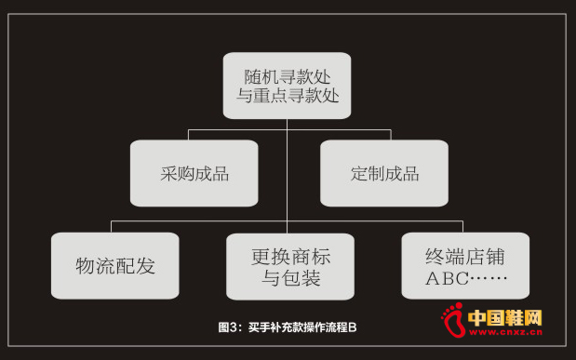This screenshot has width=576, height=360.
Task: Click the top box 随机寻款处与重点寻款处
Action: point(287,85)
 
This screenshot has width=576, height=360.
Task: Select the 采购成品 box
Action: point(194,173)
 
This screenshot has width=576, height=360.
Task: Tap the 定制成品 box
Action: point(384,173)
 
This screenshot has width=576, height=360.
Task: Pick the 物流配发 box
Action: point(114,265)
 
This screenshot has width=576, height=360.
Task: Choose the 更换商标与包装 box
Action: point(290,265)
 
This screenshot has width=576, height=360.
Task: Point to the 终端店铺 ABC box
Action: point(465,265)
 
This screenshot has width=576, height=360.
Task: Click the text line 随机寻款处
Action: point(287,73)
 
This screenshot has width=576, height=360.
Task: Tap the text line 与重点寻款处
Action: point(287,96)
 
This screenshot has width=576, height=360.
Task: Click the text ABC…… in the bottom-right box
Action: point(465,277)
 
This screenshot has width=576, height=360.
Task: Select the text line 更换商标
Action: point(290,254)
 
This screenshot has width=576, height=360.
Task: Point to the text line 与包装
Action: point(290,277)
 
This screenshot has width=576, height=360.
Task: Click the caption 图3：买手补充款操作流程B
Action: point(288,327)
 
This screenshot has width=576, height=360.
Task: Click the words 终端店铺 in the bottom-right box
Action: point(465,254)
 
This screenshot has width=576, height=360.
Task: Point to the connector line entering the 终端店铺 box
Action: point(462,226)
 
